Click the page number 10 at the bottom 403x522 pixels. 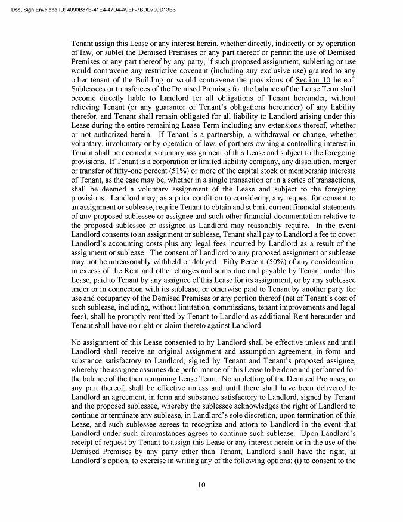tap(201, 484)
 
